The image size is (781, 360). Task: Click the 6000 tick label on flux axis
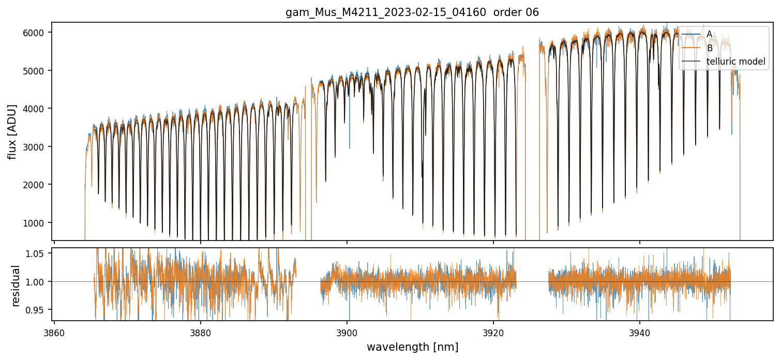coord(37,33)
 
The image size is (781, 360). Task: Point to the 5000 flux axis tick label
coord(37,70)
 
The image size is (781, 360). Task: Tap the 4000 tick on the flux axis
coord(37,109)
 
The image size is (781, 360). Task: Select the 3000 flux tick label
coord(37,147)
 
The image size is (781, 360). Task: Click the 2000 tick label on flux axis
coord(37,185)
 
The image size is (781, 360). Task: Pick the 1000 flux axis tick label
coord(37,223)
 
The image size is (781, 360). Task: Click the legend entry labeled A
coord(709,34)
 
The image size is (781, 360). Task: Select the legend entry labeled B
coord(709,48)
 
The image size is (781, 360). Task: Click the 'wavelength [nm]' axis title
coord(413,347)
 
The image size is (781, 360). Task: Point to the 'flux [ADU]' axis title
coord(12,131)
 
